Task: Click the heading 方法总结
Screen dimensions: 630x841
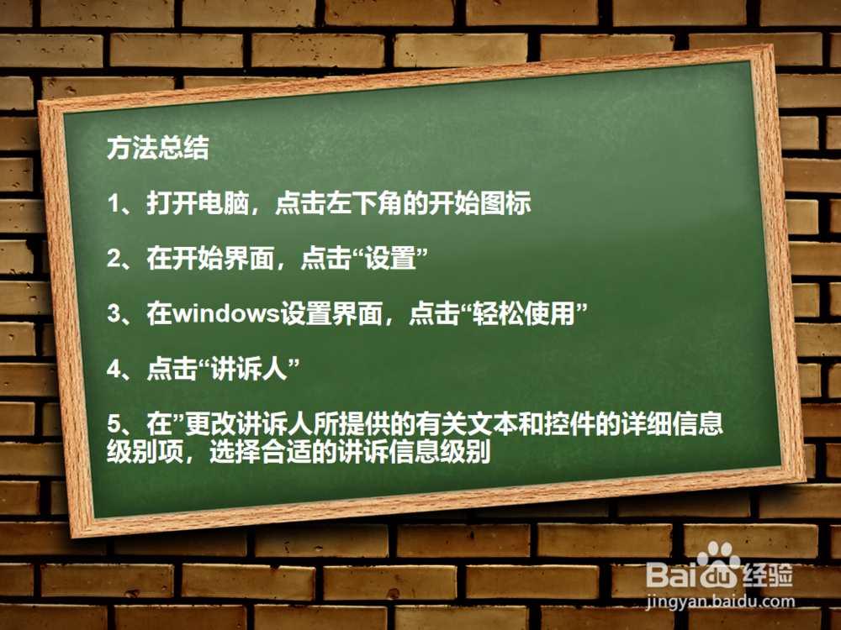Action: pos(157,150)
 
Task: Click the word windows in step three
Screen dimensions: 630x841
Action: pos(226,314)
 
